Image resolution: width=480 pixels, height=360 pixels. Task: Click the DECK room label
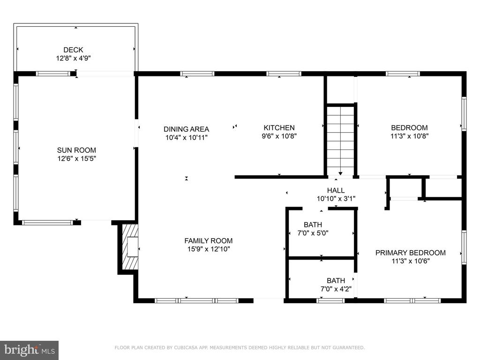click(x=73, y=50)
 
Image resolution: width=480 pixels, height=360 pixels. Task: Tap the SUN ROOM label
click(x=76, y=150)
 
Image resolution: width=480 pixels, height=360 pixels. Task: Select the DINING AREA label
click(x=187, y=129)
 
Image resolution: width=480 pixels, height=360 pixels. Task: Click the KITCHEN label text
click(x=279, y=127)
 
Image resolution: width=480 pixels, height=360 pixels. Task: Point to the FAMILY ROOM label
click(x=209, y=240)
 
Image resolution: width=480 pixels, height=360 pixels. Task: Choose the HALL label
click(x=336, y=190)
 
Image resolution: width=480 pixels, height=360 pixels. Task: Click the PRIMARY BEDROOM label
click(x=411, y=253)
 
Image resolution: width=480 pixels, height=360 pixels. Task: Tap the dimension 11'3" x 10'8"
click(x=409, y=136)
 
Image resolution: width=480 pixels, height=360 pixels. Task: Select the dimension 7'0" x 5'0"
click(x=313, y=233)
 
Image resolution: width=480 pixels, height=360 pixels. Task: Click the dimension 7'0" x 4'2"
click(x=336, y=289)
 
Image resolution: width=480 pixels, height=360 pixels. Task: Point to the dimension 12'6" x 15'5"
click(x=77, y=158)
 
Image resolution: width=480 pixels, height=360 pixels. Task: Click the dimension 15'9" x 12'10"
click(x=209, y=249)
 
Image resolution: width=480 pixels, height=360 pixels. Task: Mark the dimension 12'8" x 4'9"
click(x=73, y=58)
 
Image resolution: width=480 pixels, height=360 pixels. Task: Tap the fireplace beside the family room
click(x=130, y=247)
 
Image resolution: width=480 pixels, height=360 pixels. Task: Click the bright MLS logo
click(x=30, y=350)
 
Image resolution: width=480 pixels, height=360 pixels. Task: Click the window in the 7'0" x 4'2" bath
click(x=330, y=300)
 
